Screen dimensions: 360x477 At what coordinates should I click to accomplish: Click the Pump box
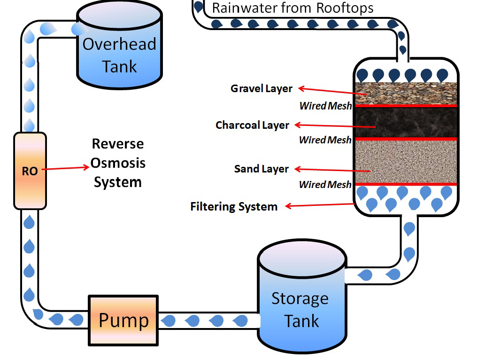tap(123, 320)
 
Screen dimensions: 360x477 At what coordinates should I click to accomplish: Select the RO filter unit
tap(30, 171)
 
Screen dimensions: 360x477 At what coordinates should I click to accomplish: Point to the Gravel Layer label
tap(262, 88)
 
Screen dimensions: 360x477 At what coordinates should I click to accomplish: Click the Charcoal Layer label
tap(252, 125)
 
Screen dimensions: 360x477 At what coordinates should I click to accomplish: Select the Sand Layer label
tap(261, 169)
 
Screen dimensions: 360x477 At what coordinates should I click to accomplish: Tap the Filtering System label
tap(234, 206)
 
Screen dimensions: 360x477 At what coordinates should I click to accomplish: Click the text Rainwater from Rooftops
tap(293, 8)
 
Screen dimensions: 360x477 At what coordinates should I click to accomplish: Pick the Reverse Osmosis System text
tap(118, 163)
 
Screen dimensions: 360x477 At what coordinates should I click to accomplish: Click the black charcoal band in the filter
tap(405, 122)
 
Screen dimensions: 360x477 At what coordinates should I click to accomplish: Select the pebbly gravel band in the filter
tap(405, 93)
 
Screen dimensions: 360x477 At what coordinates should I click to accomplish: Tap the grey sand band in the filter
tap(405, 161)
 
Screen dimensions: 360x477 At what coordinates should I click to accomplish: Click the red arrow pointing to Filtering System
tap(319, 205)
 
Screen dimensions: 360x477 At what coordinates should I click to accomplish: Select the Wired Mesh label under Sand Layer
tap(325, 185)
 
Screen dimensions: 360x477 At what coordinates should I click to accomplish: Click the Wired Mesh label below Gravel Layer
tap(325, 106)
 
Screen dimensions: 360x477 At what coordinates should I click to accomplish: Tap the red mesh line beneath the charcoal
tap(405, 139)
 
